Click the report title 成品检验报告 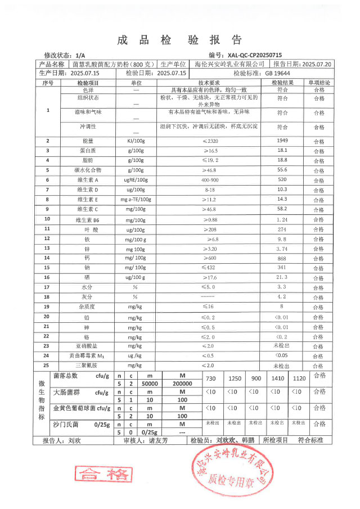point(179,40)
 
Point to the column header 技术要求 point(210,83)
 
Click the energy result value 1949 point(282,140)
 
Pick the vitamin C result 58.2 point(282,209)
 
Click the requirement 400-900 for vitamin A point(209,179)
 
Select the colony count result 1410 point(277,378)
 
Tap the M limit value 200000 point(181,384)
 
